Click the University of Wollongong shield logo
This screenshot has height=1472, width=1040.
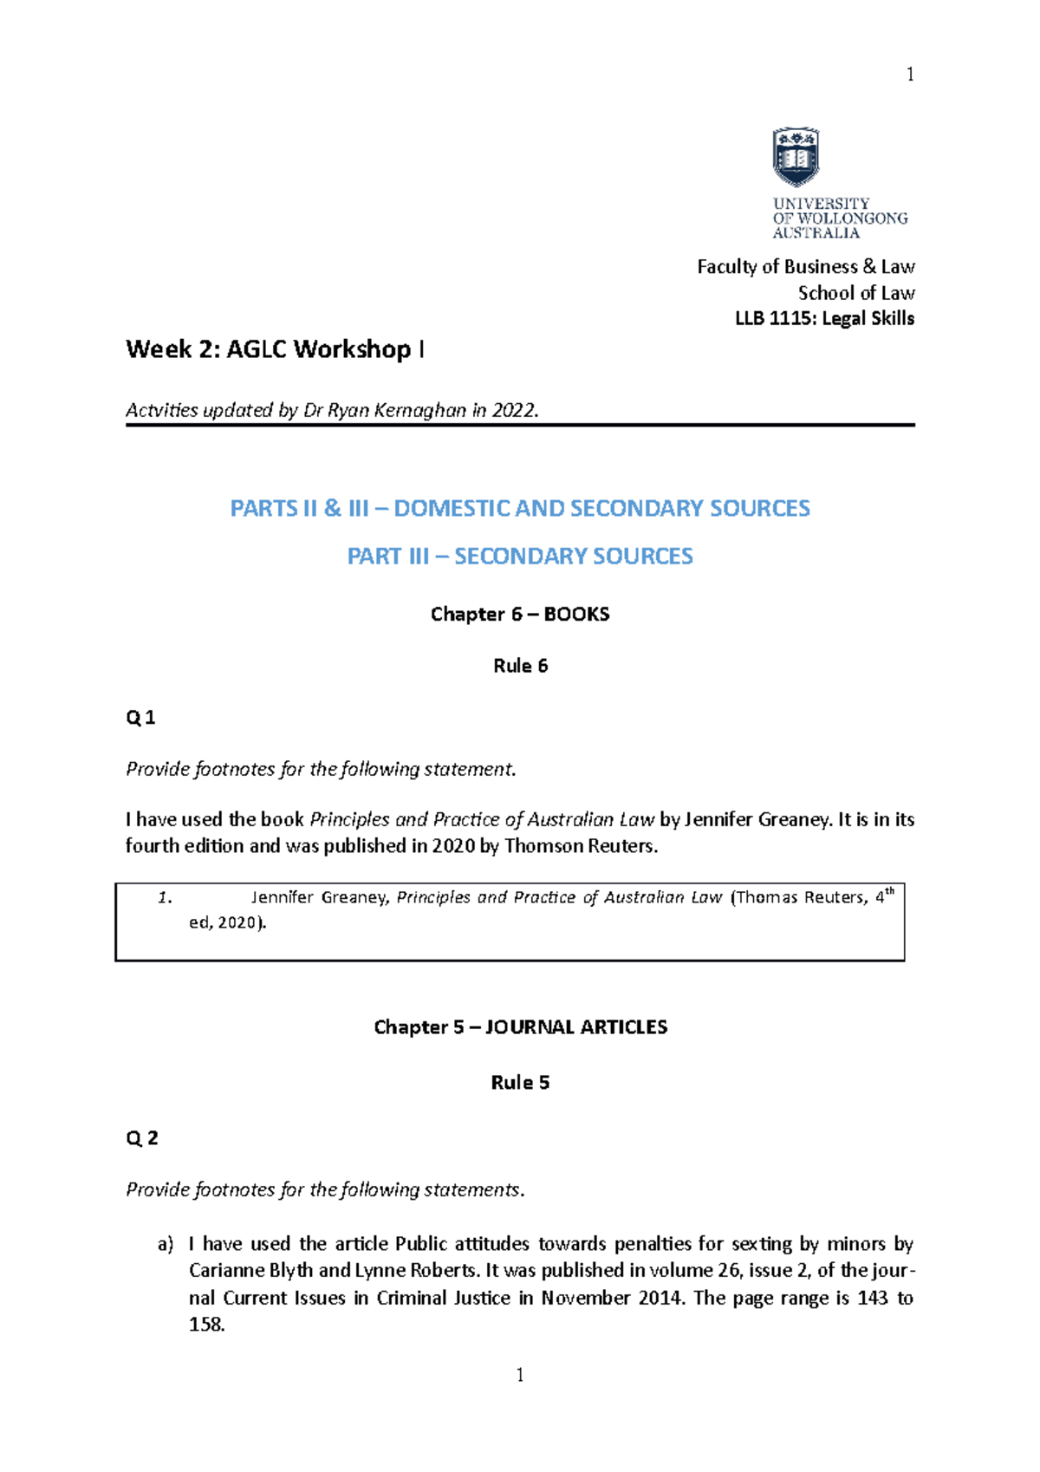click(796, 157)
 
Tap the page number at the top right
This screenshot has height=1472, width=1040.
click(910, 75)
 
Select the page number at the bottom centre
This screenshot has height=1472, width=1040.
click(520, 1375)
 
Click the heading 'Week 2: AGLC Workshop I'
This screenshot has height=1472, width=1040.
click(275, 349)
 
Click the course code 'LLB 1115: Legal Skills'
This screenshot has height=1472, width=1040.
click(824, 318)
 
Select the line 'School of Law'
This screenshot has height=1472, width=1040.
click(855, 293)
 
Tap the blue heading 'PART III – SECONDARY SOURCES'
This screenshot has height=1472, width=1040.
click(520, 556)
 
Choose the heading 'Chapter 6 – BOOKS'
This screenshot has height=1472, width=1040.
click(520, 614)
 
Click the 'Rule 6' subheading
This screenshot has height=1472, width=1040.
click(520, 666)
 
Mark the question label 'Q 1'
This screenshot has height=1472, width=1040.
click(140, 718)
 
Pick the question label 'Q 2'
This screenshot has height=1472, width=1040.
click(142, 1138)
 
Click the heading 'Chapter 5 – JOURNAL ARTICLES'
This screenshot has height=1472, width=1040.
click(520, 1027)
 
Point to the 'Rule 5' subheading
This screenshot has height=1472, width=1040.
click(520, 1083)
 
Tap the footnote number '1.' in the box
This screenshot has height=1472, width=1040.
click(166, 898)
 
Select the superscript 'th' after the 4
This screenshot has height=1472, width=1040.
click(889, 891)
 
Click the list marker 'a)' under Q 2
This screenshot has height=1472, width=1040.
click(166, 1244)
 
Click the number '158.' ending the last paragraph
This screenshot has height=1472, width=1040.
click(207, 1325)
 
